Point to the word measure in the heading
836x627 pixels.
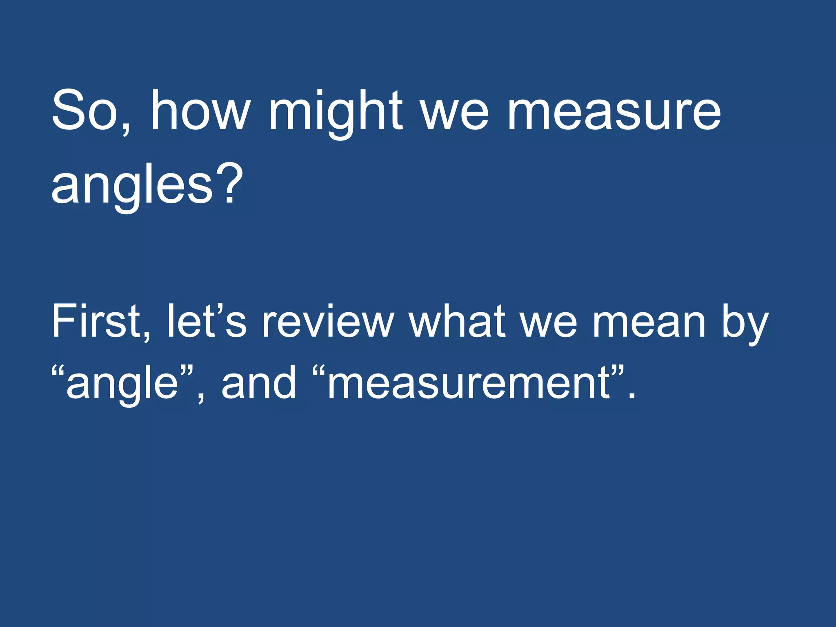(614, 114)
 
